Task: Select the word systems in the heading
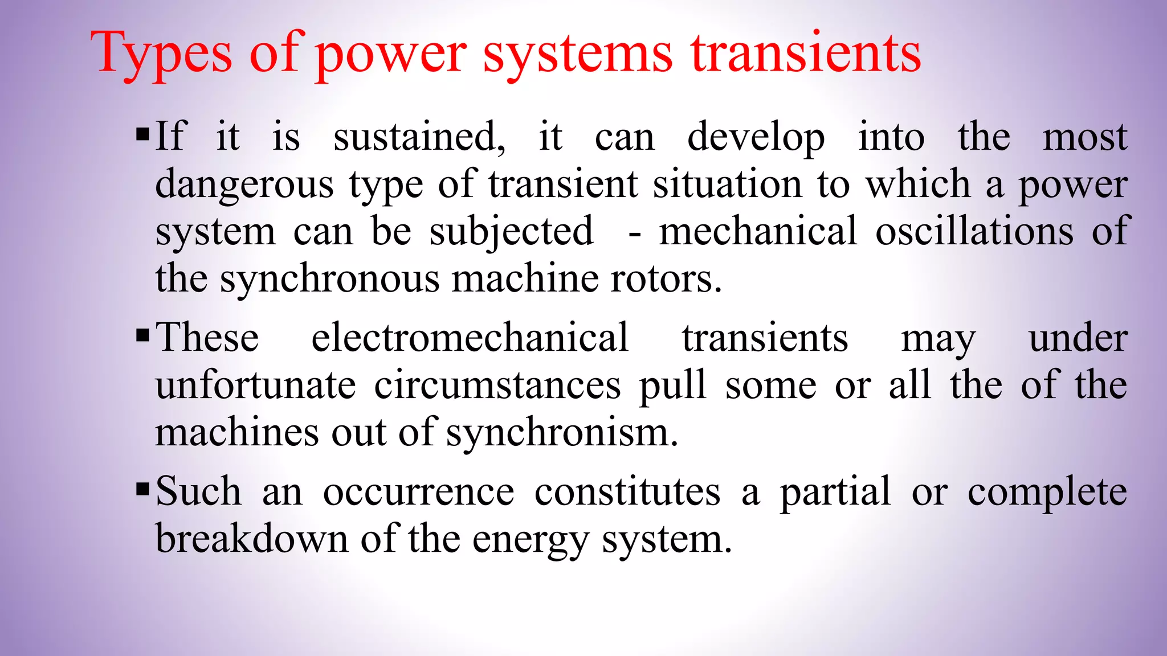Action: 578,54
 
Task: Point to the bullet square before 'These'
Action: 143,336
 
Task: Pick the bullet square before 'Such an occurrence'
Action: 143,489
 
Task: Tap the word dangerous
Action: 244,186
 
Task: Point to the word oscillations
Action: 974,231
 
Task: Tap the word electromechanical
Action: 470,337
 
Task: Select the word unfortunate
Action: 256,386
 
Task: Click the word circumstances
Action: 497,386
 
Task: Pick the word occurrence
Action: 419,491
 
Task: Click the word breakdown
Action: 251,538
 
